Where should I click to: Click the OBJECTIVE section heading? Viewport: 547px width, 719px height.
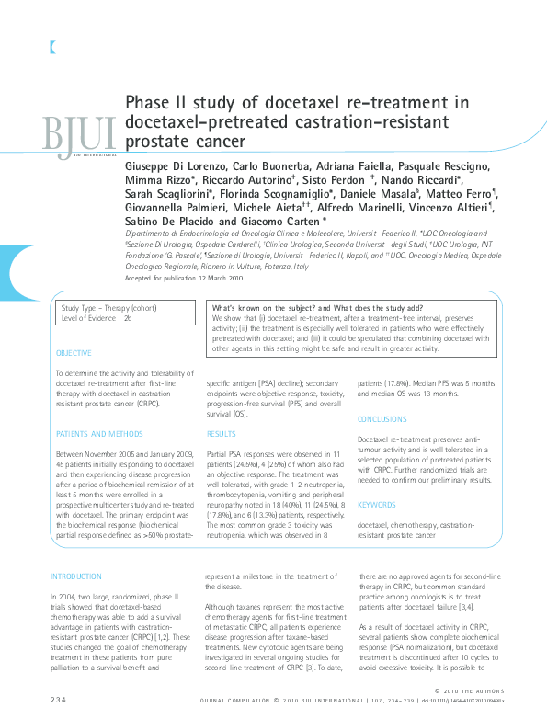[74, 353]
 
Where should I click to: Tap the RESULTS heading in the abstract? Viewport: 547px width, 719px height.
[221, 433]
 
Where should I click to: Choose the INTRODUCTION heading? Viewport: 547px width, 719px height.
[77, 576]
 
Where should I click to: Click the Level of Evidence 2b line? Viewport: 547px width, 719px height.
[97, 317]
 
